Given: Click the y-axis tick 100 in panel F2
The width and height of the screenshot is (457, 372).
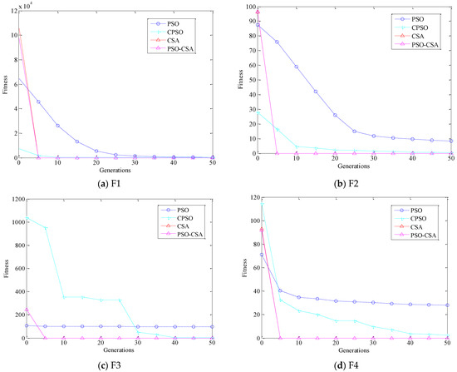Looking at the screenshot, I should click(251, 7).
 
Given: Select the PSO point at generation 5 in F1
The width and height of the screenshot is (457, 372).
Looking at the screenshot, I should click(38, 102).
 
